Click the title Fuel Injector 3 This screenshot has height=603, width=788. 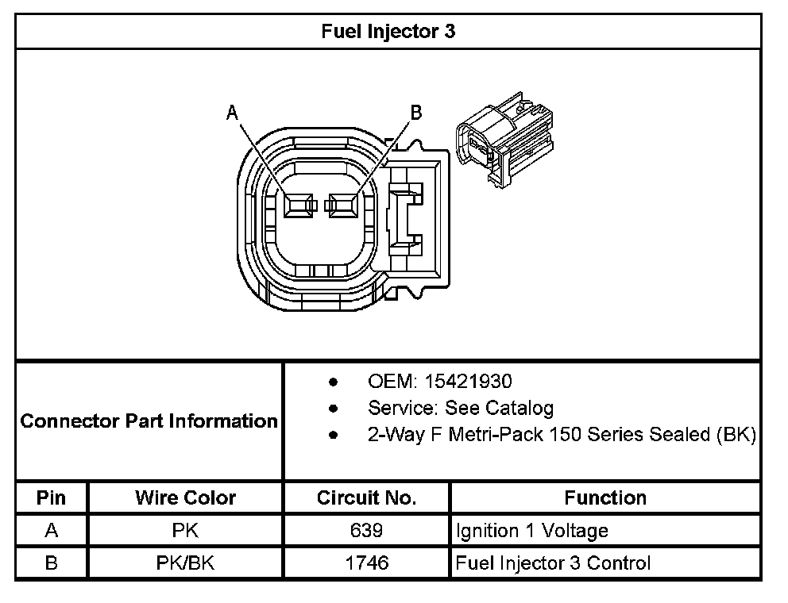[388, 32]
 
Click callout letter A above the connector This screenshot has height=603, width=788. [233, 113]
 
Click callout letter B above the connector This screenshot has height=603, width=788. [416, 113]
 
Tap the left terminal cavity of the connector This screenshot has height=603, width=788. [299, 205]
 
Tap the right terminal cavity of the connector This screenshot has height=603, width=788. [343, 205]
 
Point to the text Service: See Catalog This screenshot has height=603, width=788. [461, 409]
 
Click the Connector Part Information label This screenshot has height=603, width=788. [149, 421]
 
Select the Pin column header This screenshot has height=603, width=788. [51, 498]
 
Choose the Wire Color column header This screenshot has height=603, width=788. [185, 498]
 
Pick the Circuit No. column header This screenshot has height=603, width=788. [366, 498]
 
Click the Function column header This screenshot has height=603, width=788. [605, 498]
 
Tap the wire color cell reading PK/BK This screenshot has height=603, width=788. [185, 563]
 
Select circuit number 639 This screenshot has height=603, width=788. [366, 531]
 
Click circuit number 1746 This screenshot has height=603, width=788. [366, 563]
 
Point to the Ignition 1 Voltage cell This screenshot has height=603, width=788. [532, 531]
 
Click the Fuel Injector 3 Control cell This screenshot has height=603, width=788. [553, 563]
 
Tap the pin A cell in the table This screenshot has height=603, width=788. [51, 531]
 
